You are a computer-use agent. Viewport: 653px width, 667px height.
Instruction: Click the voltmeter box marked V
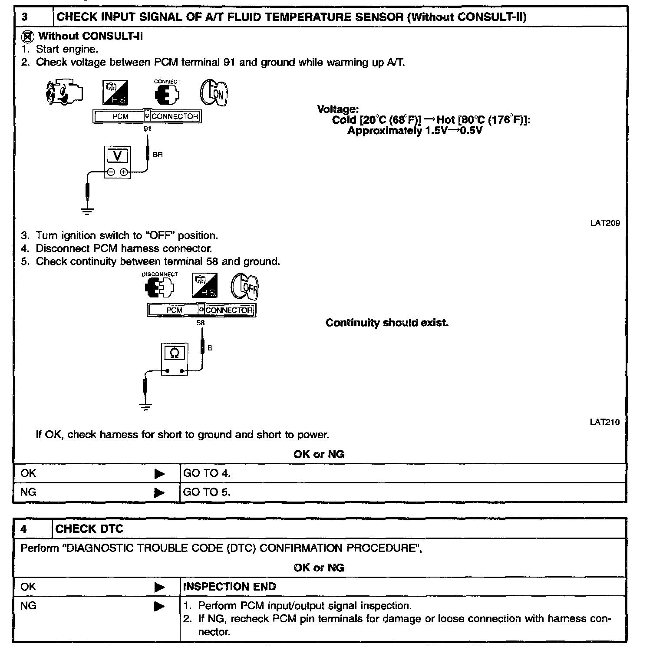point(117,162)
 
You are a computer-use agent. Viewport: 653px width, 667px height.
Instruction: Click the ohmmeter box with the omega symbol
point(174,359)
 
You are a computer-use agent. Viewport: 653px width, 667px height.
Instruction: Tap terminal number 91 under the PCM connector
point(148,129)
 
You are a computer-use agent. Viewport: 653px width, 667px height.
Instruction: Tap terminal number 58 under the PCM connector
point(201,323)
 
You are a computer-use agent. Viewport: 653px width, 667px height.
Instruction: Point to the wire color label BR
point(158,155)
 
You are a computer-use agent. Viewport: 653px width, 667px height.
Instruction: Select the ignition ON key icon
point(214,92)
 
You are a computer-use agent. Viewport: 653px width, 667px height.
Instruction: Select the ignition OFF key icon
point(244,286)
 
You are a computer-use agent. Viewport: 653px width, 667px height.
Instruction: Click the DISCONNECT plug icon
point(160,287)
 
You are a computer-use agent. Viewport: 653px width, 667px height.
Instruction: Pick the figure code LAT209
point(605,223)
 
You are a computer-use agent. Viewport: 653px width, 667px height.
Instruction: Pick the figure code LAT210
point(605,422)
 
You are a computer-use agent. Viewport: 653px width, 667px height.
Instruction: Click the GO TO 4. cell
point(207,473)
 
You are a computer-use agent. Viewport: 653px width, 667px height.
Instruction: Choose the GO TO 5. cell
point(207,492)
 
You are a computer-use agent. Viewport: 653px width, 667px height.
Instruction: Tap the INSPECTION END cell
point(229,587)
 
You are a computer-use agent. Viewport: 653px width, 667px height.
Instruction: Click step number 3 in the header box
point(25,18)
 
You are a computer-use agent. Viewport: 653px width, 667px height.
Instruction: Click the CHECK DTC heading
point(89,529)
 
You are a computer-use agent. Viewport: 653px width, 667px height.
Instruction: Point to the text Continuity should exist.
point(387,323)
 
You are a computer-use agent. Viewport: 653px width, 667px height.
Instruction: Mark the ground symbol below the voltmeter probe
point(87,211)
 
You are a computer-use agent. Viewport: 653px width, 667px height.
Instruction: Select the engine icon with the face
point(64,92)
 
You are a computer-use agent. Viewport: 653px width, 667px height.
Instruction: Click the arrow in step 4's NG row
point(159,606)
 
